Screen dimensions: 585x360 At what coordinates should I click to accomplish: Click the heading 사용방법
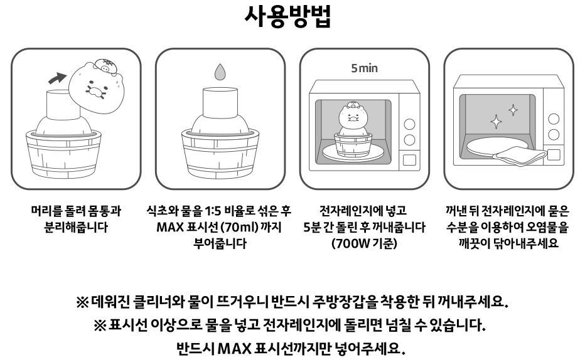click(x=287, y=16)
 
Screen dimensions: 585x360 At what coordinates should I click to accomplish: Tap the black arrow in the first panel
click(x=57, y=78)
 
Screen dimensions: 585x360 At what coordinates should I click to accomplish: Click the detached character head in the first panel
click(x=96, y=86)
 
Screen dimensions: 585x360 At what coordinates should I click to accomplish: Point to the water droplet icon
click(x=220, y=72)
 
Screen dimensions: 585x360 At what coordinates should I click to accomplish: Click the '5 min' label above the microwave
click(x=364, y=68)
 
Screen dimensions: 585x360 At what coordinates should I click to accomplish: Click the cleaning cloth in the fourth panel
click(x=520, y=156)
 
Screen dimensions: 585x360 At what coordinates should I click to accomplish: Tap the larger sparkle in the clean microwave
click(x=496, y=122)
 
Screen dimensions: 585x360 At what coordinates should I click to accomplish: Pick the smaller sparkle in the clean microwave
click(x=513, y=110)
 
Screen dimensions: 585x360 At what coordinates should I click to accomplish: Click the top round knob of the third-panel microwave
click(x=410, y=124)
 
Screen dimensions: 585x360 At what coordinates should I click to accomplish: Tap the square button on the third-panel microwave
click(x=410, y=159)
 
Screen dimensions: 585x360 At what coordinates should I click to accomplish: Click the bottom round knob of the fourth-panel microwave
click(x=554, y=135)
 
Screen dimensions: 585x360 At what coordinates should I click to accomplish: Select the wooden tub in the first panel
click(x=63, y=154)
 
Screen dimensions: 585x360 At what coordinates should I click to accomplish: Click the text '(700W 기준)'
click(x=364, y=243)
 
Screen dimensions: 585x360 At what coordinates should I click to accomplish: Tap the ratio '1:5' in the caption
click(x=213, y=211)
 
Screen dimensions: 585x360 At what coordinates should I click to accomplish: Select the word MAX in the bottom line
click(x=234, y=349)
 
